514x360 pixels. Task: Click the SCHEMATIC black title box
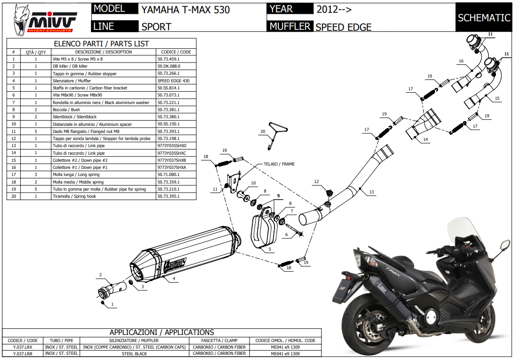(484, 18)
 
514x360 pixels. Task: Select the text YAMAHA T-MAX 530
(186, 9)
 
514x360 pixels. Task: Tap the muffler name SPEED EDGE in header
(344, 27)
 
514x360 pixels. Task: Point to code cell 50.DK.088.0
(169, 66)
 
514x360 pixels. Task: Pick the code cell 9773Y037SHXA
(171, 167)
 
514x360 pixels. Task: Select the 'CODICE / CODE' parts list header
(176, 52)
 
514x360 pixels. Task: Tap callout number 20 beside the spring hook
(262, 132)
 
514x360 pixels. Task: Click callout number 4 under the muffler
(174, 279)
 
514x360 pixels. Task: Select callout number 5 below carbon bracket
(269, 249)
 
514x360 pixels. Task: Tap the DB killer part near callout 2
(110, 290)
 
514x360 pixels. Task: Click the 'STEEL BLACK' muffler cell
(134, 353)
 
